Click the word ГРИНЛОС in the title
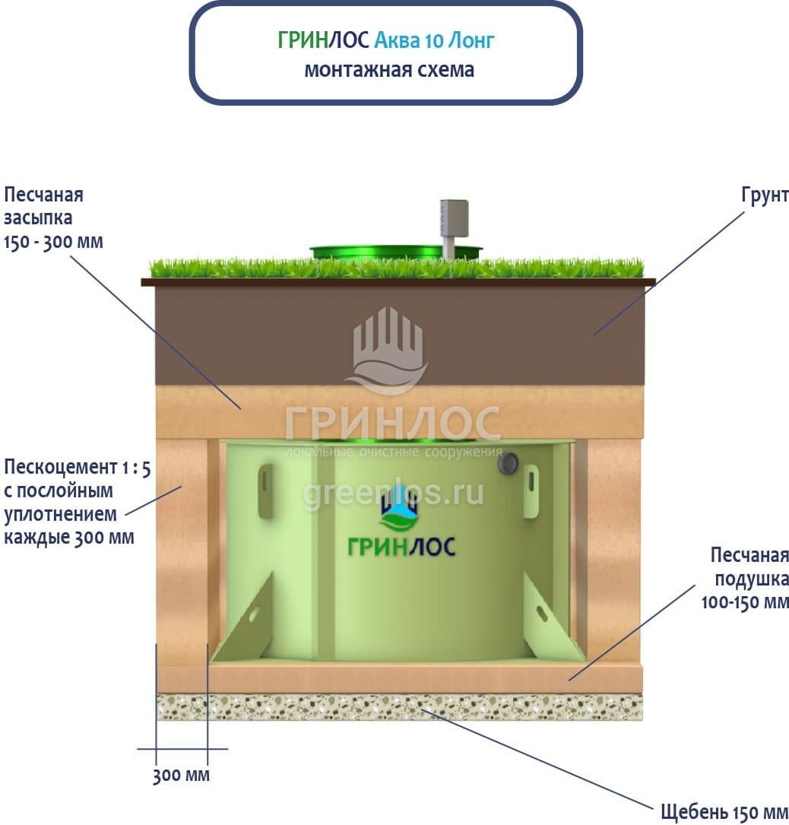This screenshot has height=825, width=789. (325, 40)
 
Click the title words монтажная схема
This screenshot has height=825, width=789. (388, 70)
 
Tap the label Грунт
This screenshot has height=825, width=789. (765, 195)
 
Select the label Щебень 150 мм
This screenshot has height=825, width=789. (724, 811)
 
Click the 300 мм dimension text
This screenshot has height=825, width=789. (181, 776)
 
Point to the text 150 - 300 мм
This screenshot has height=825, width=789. (53, 242)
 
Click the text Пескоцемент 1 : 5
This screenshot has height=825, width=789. (77, 467)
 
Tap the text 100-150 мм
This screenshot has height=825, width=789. (744, 603)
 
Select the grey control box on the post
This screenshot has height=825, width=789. (454, 217)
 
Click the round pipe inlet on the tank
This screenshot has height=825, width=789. (509, 462)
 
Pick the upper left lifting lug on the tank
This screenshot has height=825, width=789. (265, 490)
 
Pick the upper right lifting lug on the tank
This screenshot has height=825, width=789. (531, 490)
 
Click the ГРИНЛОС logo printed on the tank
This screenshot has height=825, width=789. (401, 532)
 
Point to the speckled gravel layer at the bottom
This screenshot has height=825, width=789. (399, 707)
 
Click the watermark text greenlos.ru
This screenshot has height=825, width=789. (393, 493)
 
